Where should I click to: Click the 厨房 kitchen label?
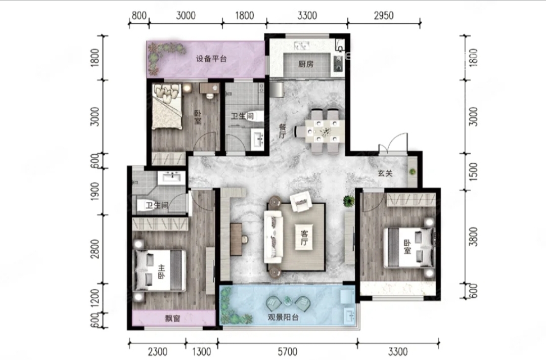point(306,64)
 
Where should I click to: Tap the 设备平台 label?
point(211,59)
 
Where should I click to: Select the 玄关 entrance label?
point(385,173)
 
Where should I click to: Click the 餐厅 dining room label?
point(283,131)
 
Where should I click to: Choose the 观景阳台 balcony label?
point(283,317)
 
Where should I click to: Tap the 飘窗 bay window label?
point(173,318)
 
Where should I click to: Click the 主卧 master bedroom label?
point(161,272)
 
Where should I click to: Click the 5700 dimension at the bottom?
point(288,351)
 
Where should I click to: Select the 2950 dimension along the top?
point(384,16)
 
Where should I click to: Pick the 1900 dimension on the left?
point(95,191)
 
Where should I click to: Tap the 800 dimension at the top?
point(139,16)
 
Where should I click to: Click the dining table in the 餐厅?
point(324,131)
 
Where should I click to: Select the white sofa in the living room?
point(273,237)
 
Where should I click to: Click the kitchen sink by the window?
point(301,46)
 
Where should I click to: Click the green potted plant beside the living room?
point(348,201)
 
